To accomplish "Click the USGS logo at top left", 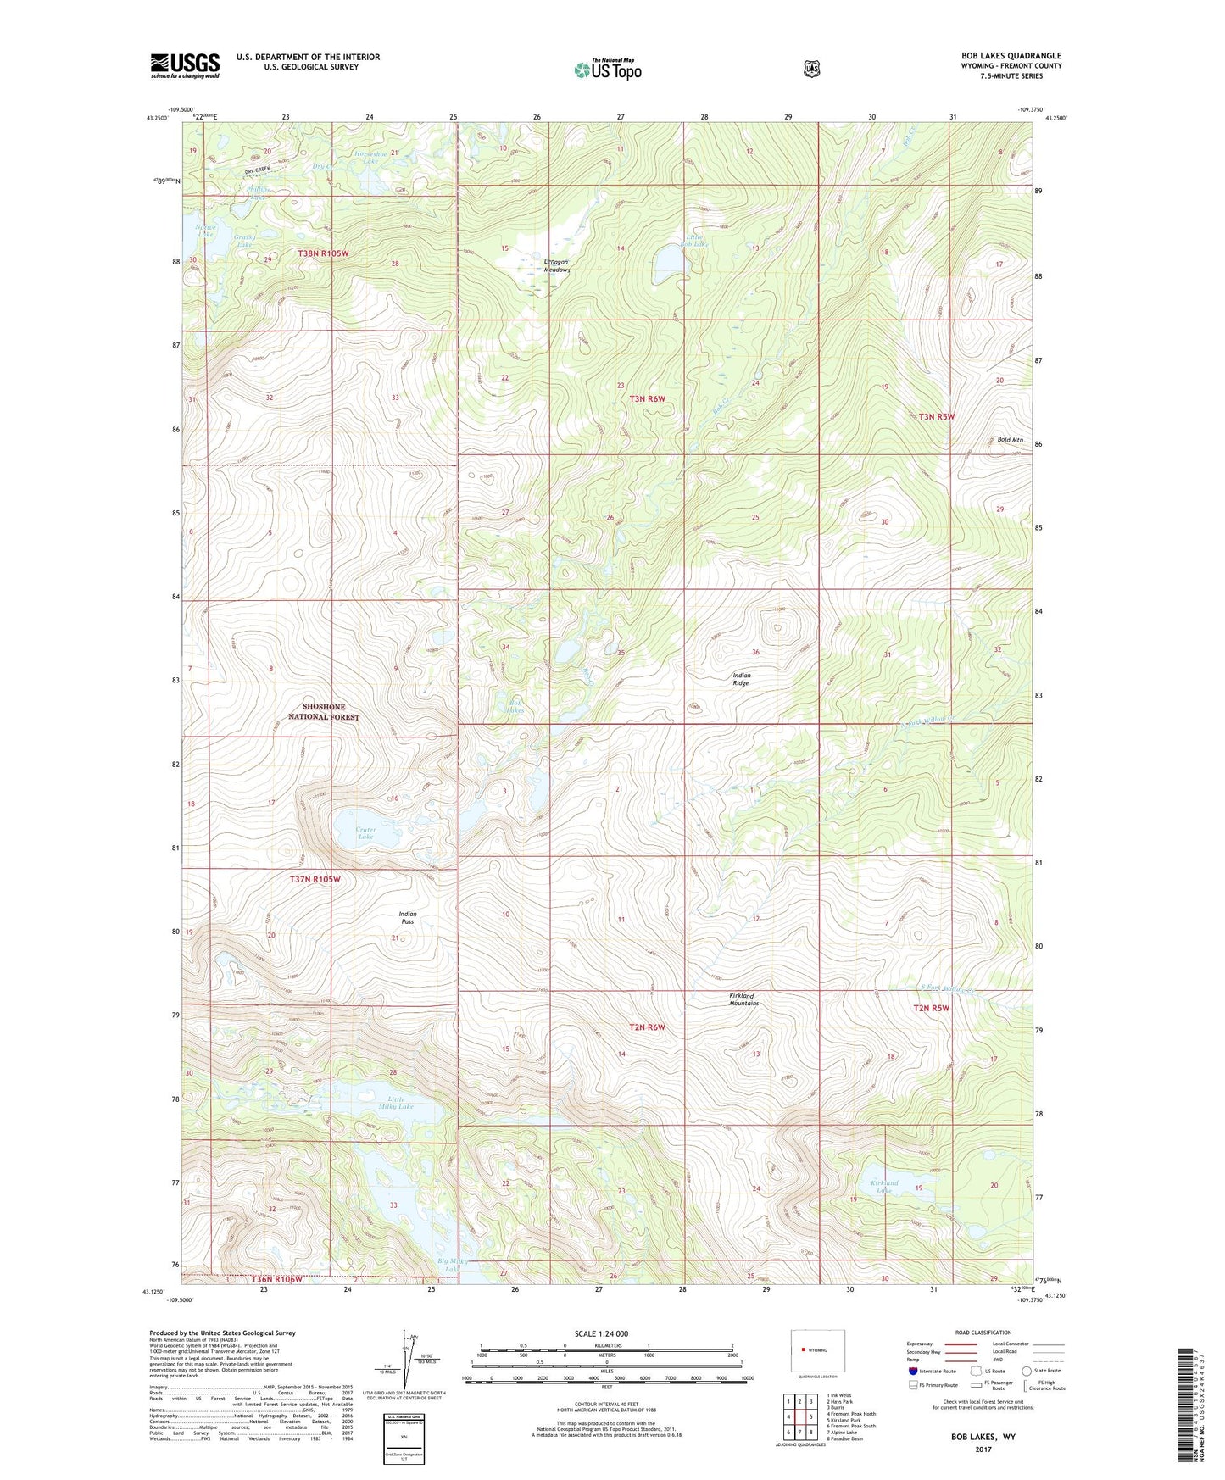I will click(x=185, y=65).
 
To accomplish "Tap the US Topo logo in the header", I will click(x=607, y=70).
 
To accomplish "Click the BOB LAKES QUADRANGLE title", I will click(x=1006, y=56).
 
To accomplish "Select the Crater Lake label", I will click(x=365, y=833).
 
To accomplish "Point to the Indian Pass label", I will click(x=408, y=917).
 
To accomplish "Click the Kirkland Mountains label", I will click(x=743, y=999).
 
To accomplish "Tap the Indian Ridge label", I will click(x=741, y=679).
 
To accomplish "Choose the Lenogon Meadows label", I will click(x=556, y=265).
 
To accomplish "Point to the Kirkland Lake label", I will click(x=884, y=1186).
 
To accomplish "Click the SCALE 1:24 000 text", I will click(x=601, y=1333).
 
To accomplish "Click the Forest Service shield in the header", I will click(x=812, y=69).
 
